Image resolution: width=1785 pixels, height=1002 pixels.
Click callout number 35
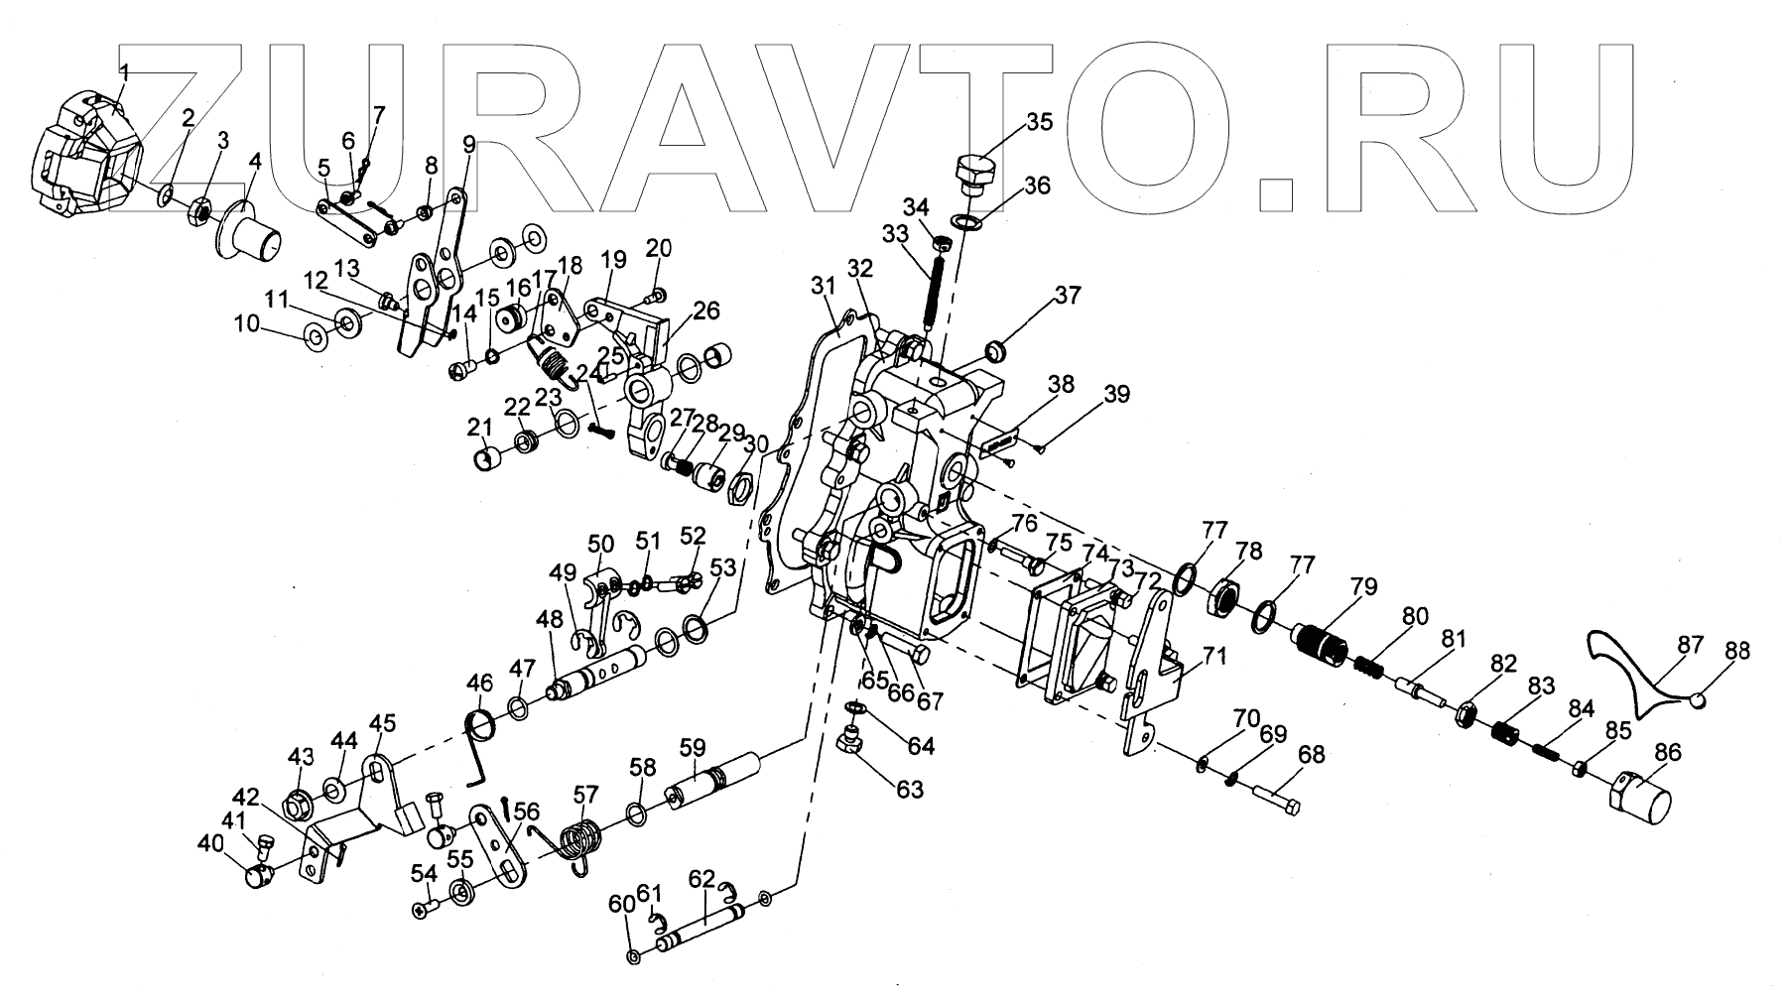1039,123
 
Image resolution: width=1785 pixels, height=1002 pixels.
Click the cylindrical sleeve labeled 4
251,230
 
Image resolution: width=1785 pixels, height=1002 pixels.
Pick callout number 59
693,745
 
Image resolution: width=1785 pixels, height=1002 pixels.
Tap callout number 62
701,878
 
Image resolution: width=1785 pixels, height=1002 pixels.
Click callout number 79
1363,586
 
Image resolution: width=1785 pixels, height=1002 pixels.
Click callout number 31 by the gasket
824,287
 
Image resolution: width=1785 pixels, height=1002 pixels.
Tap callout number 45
383,721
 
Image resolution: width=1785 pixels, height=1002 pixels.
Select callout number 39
1117,395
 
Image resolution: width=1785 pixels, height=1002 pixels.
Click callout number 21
480,428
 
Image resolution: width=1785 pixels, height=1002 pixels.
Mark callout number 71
1215,656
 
